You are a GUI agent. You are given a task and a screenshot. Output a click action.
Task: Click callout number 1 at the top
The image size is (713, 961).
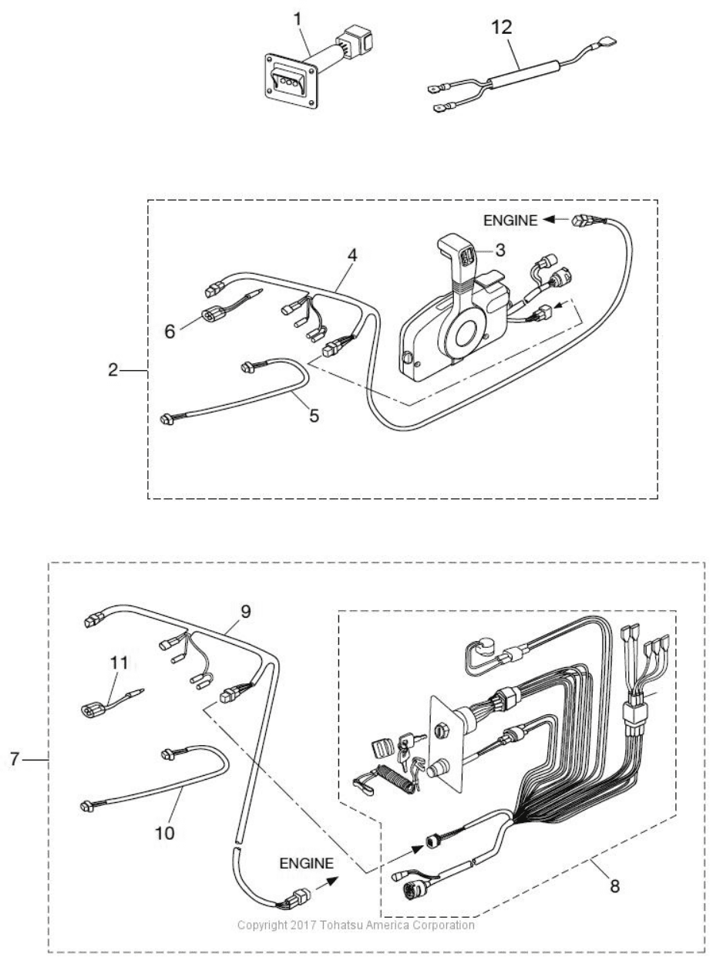[x=298, y=19]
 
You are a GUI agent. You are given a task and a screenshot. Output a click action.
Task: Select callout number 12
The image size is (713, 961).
[x=502, y=28]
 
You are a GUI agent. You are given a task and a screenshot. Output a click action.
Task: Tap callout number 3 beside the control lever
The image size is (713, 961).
[x=500, y=250]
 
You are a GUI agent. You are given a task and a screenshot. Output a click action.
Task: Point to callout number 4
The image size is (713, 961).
[x=352, y=255]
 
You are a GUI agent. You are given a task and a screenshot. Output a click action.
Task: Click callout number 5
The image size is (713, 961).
[x=314, y=416]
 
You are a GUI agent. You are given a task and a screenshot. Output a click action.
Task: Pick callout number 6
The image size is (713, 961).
[x=170, y=332]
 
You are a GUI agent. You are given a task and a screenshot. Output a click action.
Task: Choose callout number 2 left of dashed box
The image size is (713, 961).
[x=113, y=370]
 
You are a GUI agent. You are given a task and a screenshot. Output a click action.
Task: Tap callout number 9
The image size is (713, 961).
[x=246, y=612]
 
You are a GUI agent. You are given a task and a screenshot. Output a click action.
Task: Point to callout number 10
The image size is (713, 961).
[x=165, y=833]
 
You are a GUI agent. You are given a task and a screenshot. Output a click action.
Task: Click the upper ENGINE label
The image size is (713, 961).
[x=510, y=221]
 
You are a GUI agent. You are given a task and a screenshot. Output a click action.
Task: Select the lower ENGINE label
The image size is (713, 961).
[x=306, y=864]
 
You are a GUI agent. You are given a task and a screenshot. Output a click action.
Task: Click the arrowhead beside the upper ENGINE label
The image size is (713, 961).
[x=550, y=220]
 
